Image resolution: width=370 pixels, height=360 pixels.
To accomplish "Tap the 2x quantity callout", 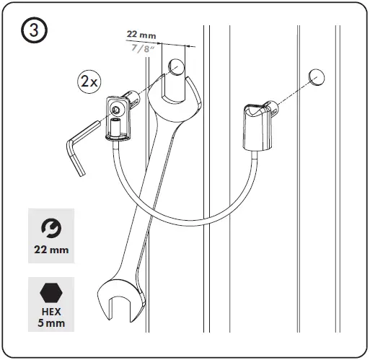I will point(89,82).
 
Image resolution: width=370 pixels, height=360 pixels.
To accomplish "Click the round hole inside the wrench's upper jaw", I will point(176,68).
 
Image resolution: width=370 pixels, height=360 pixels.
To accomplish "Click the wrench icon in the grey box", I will point(50,228).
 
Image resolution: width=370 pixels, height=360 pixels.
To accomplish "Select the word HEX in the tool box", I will point(50,313).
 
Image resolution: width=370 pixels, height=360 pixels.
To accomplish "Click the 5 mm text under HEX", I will point(50,325).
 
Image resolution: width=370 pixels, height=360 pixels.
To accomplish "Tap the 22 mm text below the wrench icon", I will point(50,250).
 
